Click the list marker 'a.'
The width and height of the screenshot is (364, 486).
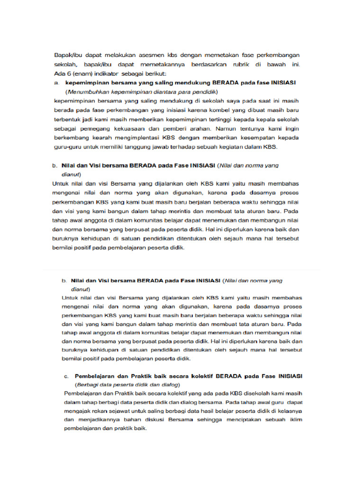[56, 83]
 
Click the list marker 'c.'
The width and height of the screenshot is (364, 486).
[67, 376]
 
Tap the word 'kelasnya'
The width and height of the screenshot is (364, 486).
[290, 411]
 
